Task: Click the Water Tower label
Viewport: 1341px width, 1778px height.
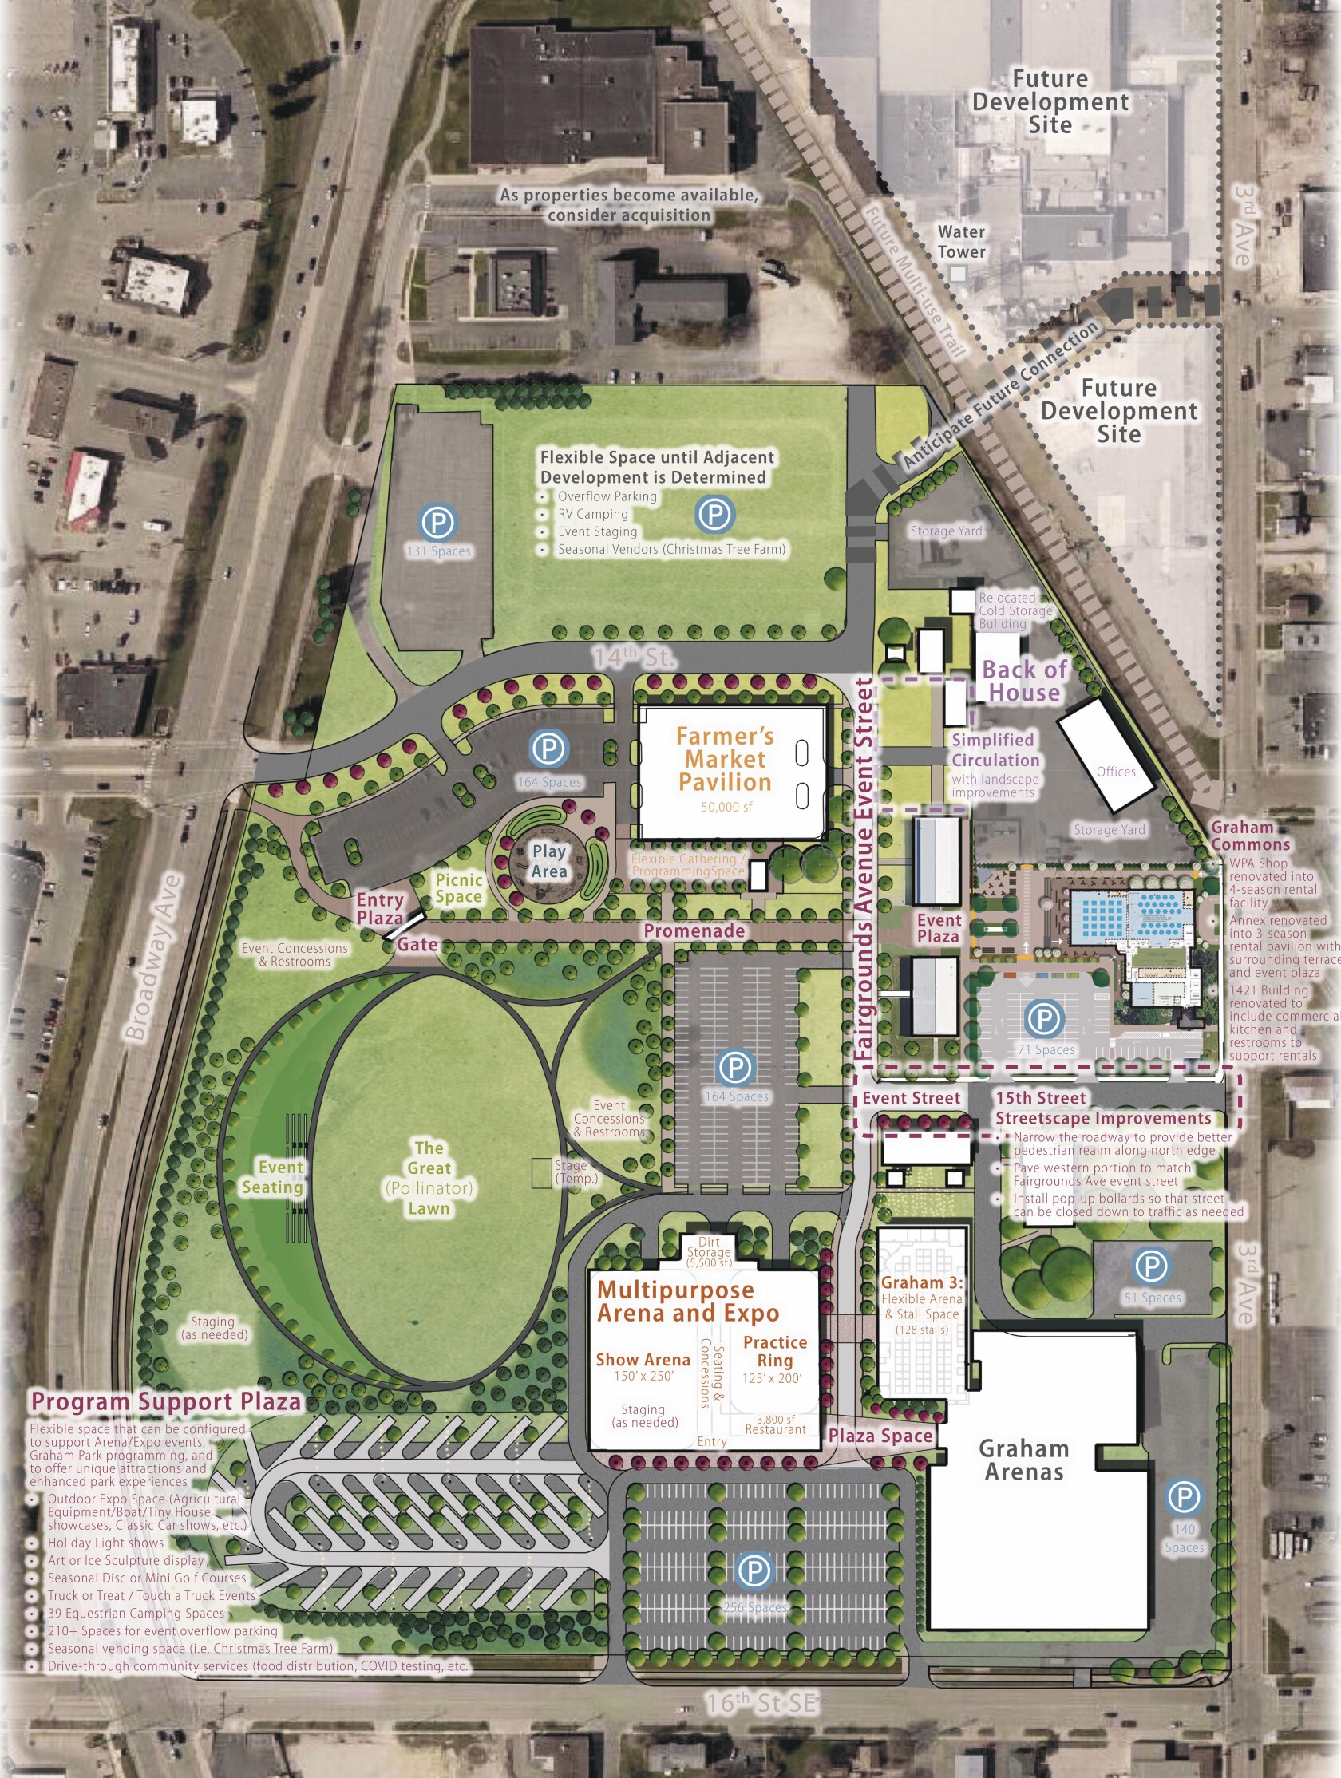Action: point(961,242)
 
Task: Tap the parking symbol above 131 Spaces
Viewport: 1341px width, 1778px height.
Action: point(437,523)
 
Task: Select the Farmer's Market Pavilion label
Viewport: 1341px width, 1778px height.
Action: point(724,759)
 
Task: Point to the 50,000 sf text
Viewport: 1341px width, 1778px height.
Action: point(726,807)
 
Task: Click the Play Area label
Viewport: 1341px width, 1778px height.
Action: point(549,861)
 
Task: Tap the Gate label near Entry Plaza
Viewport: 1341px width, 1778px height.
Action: point(417,944)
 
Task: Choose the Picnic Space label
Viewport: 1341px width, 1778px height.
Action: point(458,888)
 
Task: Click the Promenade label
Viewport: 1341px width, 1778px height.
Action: point(694,930)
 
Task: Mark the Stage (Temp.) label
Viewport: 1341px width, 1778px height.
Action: point(576,1172)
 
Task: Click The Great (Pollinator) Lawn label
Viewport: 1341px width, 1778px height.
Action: point(429,1178)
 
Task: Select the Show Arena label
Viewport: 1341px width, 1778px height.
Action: point(643,1359)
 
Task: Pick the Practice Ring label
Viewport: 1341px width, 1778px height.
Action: point(774,1351)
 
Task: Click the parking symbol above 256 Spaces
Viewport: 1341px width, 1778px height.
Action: point(754,1570)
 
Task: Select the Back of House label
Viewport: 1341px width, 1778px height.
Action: point(1024,681)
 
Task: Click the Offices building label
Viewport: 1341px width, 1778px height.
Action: point(1116,772)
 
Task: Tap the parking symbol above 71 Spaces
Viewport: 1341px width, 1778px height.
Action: point(1044,1018)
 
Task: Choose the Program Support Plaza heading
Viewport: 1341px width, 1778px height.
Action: point(165,1401)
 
